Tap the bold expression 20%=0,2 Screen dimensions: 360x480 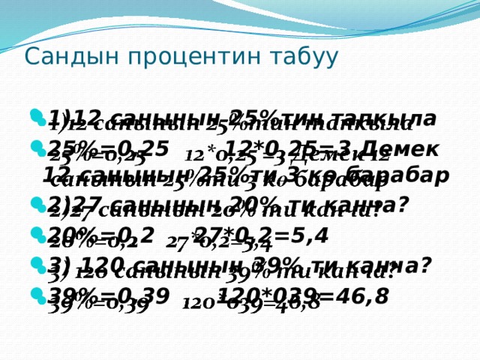(x=101, y=235)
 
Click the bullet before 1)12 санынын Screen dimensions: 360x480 (x=37, y=118)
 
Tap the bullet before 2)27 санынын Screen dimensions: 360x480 (x=37, y=205)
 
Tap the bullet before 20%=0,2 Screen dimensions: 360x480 (x=37, y=235)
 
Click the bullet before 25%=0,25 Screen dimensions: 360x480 (x=37, y=148)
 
